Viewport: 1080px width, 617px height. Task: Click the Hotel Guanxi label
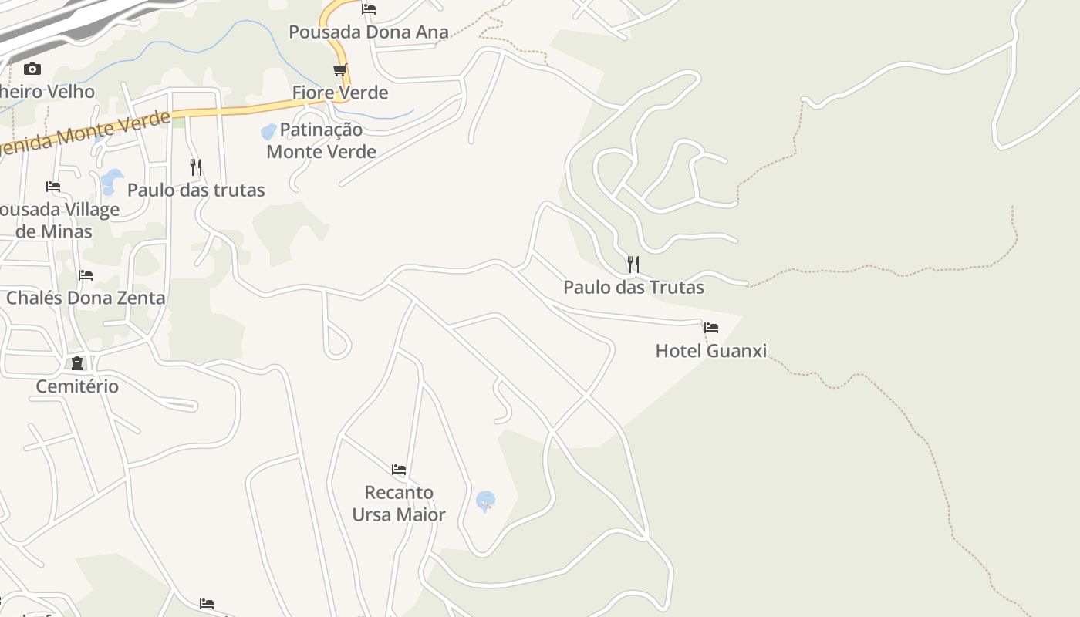710,351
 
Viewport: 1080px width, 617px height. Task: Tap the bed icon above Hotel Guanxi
710,328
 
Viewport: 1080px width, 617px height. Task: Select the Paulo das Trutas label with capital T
633,288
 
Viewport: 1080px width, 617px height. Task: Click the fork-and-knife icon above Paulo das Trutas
633,265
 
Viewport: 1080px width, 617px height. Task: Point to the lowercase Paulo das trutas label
196,190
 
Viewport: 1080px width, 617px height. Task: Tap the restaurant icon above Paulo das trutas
196,167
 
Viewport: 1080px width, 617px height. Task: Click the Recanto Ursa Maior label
399,503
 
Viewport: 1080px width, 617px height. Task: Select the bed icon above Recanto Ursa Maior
398,469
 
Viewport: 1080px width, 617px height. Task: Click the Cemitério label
77,386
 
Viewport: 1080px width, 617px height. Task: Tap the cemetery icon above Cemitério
77,363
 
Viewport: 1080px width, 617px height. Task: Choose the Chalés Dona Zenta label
86,298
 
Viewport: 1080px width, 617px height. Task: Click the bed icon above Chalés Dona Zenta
86,275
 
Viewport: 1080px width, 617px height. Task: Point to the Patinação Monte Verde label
321,140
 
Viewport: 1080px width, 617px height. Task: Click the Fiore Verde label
339,93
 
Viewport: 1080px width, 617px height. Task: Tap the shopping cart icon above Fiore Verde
339,70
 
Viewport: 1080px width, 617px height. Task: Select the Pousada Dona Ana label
368,32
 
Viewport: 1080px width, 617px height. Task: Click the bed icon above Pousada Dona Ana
369,9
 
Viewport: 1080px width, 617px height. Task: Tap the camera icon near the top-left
32,69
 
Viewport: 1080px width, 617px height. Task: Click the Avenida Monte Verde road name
85,133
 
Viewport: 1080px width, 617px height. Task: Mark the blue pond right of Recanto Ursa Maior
485,501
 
